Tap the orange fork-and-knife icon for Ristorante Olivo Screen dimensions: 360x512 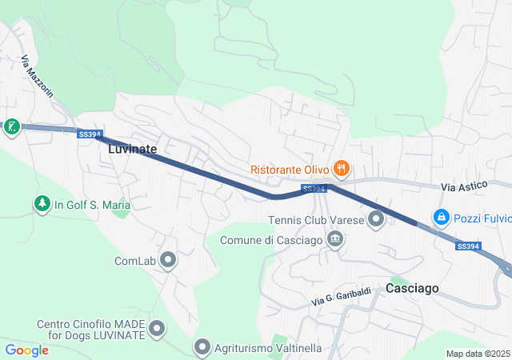(342, 168)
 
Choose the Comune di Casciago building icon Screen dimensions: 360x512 (335, 239)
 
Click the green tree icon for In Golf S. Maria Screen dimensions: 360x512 (42, 205)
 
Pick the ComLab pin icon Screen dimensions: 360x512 (168, 260)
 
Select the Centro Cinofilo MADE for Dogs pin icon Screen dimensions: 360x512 (157, 328)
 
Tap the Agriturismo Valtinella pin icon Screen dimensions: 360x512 (202, 347)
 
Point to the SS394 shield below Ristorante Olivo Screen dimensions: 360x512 (314, 189)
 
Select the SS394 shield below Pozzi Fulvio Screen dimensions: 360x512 (468, 246)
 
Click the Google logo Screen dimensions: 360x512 (26, 350)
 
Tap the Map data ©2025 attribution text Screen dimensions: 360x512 (478, 354)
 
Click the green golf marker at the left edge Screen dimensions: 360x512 (11, 126)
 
